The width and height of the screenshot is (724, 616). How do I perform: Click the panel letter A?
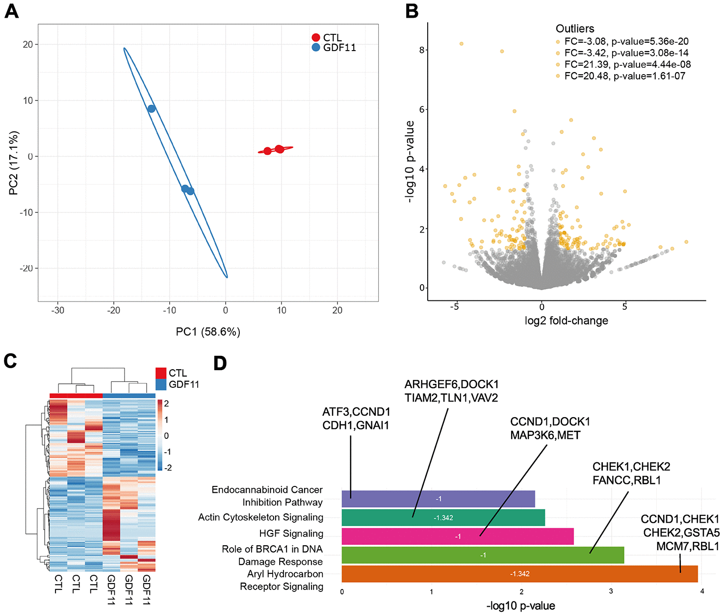[11, 10]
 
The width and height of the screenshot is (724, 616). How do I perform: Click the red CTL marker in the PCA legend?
[316, 38]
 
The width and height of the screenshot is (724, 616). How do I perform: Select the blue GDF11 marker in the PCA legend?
[316, 48]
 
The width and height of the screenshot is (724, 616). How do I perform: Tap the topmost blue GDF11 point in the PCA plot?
[152, 108]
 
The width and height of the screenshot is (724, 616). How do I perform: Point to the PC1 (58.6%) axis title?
[208, 332]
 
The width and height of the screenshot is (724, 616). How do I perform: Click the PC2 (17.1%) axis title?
[14, 163]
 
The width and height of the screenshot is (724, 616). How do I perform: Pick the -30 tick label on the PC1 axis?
[58, 310]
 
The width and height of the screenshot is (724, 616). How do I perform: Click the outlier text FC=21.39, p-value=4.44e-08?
[627, 64]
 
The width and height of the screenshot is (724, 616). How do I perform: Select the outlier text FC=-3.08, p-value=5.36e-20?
[626, 41]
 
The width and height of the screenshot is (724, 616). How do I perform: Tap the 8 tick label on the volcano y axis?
[422, 50]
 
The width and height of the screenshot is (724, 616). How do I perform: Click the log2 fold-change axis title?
[566, 321]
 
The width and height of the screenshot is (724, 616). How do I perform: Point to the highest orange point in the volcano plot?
[462, 44]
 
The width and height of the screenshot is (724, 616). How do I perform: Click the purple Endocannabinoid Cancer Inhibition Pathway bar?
[438, 499]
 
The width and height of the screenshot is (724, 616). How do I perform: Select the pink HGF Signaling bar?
[457, 536]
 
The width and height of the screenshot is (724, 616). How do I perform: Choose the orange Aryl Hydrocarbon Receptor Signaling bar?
[519, 574]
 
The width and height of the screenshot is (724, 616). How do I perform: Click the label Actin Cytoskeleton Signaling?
[260, 517]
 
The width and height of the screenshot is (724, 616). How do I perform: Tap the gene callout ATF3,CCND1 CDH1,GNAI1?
[356, 419]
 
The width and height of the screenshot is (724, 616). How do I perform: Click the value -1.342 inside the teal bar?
[443, 518]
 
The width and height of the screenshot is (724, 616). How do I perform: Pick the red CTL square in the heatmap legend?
[161, 373]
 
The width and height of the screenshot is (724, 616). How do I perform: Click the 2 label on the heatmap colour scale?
[166, 404]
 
